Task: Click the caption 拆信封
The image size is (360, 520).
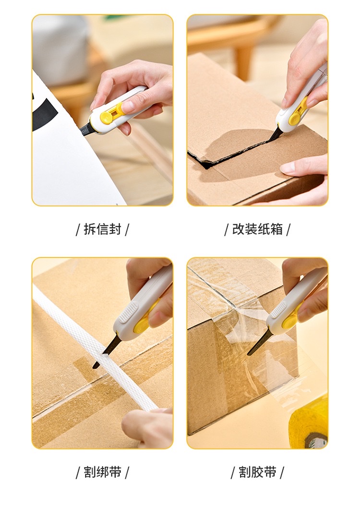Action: [x=103, y=230]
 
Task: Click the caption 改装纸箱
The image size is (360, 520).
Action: [x=257, y=230]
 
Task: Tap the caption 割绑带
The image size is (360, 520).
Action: [x=103, y=472]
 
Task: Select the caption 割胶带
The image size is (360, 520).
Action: [x=257, y=472]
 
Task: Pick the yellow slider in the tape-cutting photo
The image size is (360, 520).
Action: [x=291, y=320]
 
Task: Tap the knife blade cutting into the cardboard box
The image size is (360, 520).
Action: [x=276, y=135]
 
